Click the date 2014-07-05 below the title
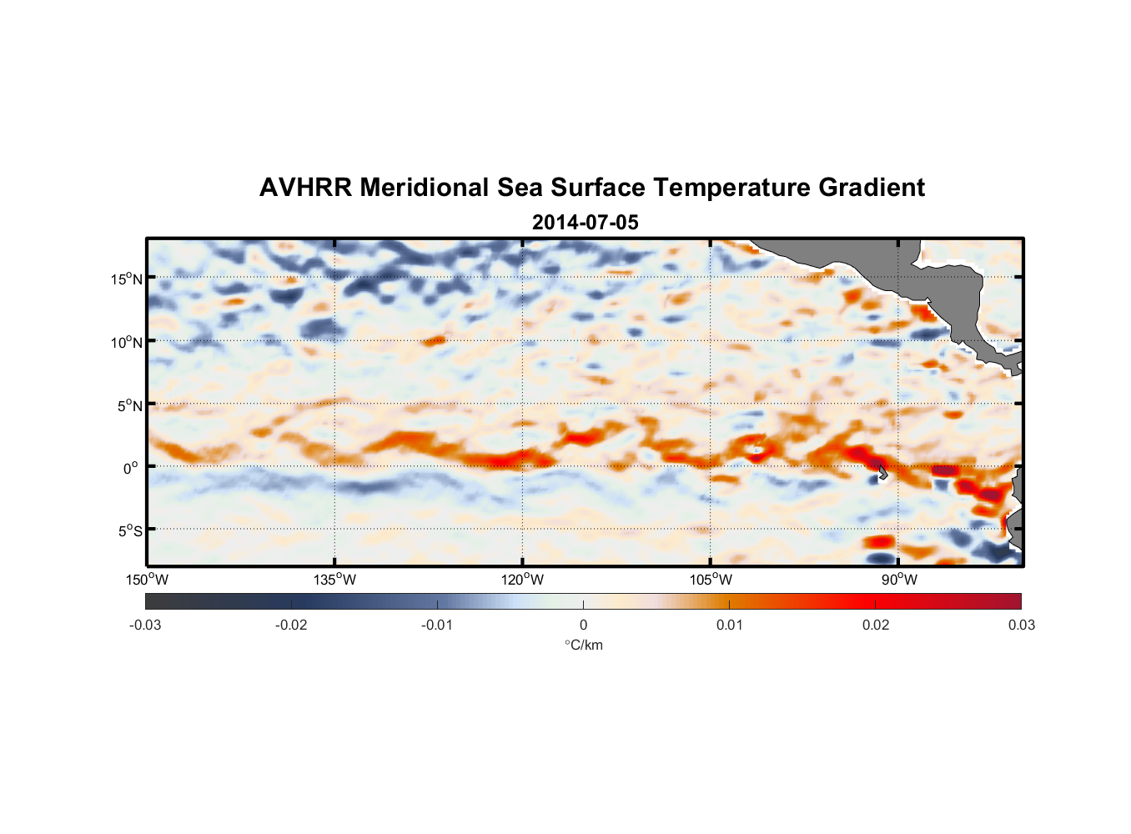click(x=585, y=223)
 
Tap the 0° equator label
click(x=131, y=468)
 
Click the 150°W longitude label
click(x=147, y=580)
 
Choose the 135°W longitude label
click(x=334, y=580)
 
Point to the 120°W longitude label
click(x=522, y=580)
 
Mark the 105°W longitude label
click(x=711, y=580)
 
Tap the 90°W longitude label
click(x=899, y=580)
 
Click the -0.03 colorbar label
click(x=145, y=625)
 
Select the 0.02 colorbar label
click(x=875, y=625)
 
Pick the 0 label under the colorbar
click(x=583, y=625)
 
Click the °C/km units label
click(x=583, y=645)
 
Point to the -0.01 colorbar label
click(x=437, y=625)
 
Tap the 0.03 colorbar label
click(x=1021, y=625)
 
